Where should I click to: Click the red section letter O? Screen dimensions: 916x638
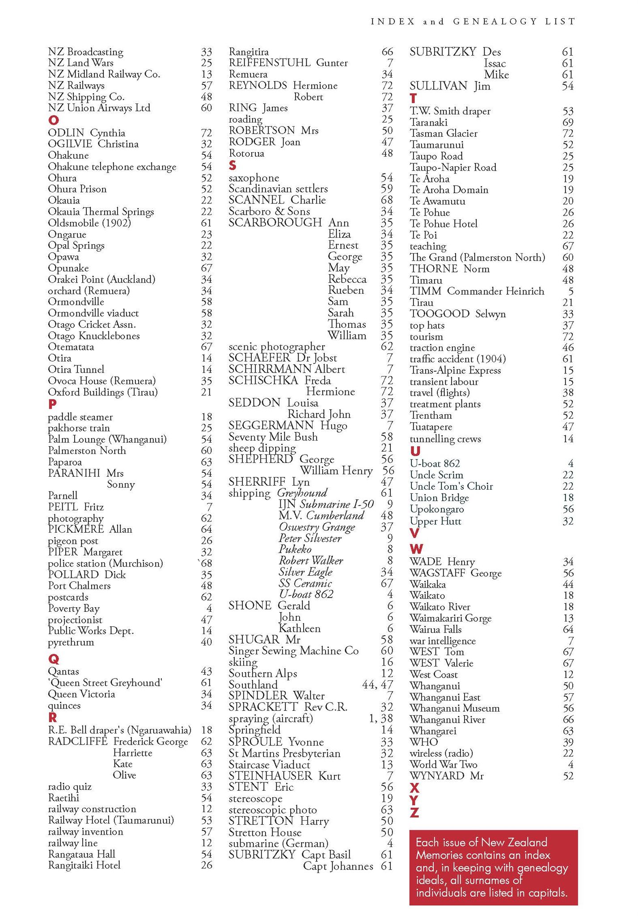(53, 120)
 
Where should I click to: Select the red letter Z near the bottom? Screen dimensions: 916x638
(414, 813)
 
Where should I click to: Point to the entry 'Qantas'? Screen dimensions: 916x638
(63, 671)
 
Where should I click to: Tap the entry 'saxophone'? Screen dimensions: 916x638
(254, 178)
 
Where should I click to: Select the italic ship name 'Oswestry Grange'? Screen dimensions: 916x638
(317, 527)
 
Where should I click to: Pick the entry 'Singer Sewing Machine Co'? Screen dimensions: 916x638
(294, 651)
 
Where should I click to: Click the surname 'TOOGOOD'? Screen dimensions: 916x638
(439, 314)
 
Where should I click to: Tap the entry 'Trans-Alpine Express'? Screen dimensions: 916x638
(455, 370)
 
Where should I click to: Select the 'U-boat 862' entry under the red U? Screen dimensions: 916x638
(435, 464)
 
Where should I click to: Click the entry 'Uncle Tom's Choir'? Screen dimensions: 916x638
(451, 486)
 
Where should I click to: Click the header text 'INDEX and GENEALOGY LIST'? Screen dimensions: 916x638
(473, 21)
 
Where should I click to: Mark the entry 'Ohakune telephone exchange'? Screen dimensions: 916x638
(112, 167)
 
